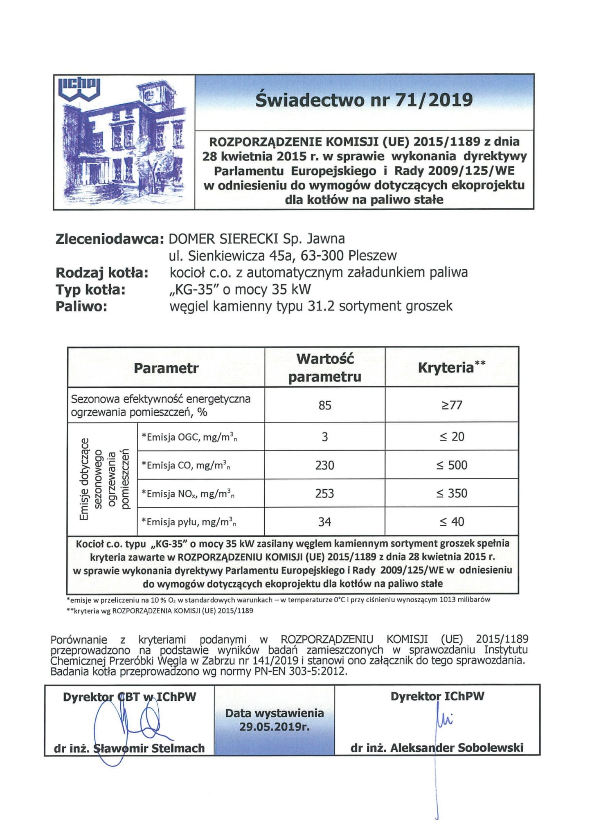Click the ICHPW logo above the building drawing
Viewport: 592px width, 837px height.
point(79,89)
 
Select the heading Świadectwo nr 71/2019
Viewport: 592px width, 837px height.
point(364,100)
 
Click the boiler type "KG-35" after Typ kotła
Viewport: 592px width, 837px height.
point(193,289)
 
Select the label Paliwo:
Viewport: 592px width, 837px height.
point(81,306)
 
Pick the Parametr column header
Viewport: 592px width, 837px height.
point(166,368)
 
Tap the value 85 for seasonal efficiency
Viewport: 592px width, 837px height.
point(325,405)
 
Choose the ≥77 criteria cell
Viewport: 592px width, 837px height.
point(452,405)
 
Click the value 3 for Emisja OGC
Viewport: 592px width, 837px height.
point(325,437)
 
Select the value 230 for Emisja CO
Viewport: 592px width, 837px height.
point(325,465)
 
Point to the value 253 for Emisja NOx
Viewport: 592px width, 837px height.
point(325,493)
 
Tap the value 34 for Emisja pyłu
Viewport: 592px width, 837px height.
point(325,522)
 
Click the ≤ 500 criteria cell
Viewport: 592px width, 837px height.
point(452,465)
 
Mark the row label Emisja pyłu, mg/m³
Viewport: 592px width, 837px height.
point(189,522)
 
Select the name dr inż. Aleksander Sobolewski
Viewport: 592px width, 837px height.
point(437,748)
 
